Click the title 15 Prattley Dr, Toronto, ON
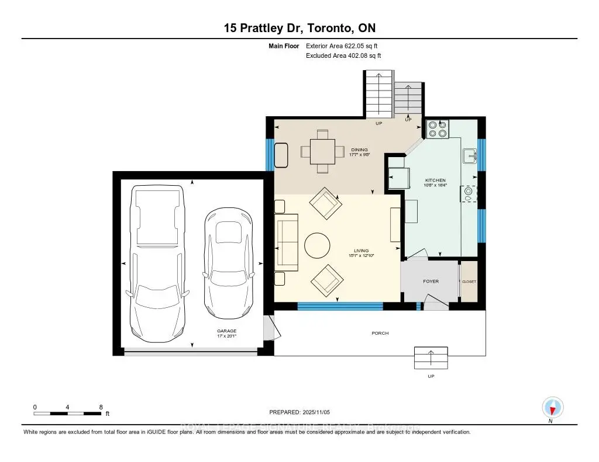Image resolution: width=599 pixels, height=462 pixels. click(x=299, y=27)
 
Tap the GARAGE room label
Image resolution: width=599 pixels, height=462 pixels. click(x=227, y=331)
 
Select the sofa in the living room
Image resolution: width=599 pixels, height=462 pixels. click(x=287, y=246)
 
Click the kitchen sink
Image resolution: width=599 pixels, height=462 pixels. click(x=469, y=156)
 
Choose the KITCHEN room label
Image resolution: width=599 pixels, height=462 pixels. click(x=435, y=180)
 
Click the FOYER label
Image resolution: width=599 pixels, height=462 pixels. click(x=431, y=282)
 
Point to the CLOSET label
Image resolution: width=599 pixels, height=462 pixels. click(x=469, y=282)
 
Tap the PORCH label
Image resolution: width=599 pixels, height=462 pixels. click(x=380, y=333)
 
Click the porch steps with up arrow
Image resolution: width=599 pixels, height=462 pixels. click(x=431, y=357)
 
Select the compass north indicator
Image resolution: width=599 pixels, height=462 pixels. click(x=552, y=407)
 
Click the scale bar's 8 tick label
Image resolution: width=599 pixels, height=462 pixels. click(x=101, y=407)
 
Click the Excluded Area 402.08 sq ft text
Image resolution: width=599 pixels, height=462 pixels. click(x=343, y=56)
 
